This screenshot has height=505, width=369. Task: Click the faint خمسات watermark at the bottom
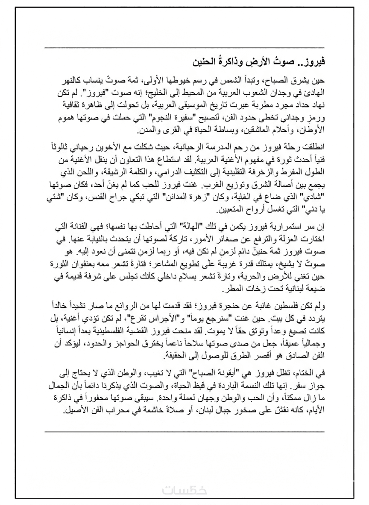pos(184,491)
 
